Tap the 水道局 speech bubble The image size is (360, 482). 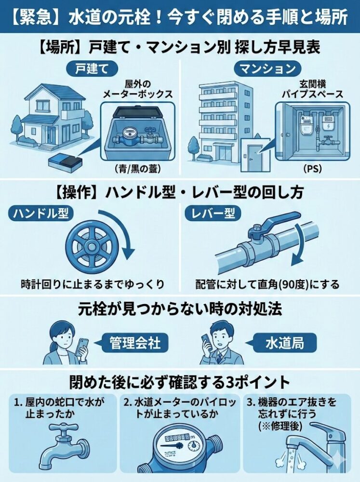(x=284, y=343)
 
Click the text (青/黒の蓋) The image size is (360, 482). (x=137, y=169)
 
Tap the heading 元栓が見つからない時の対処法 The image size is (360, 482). (x=180, y=309)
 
